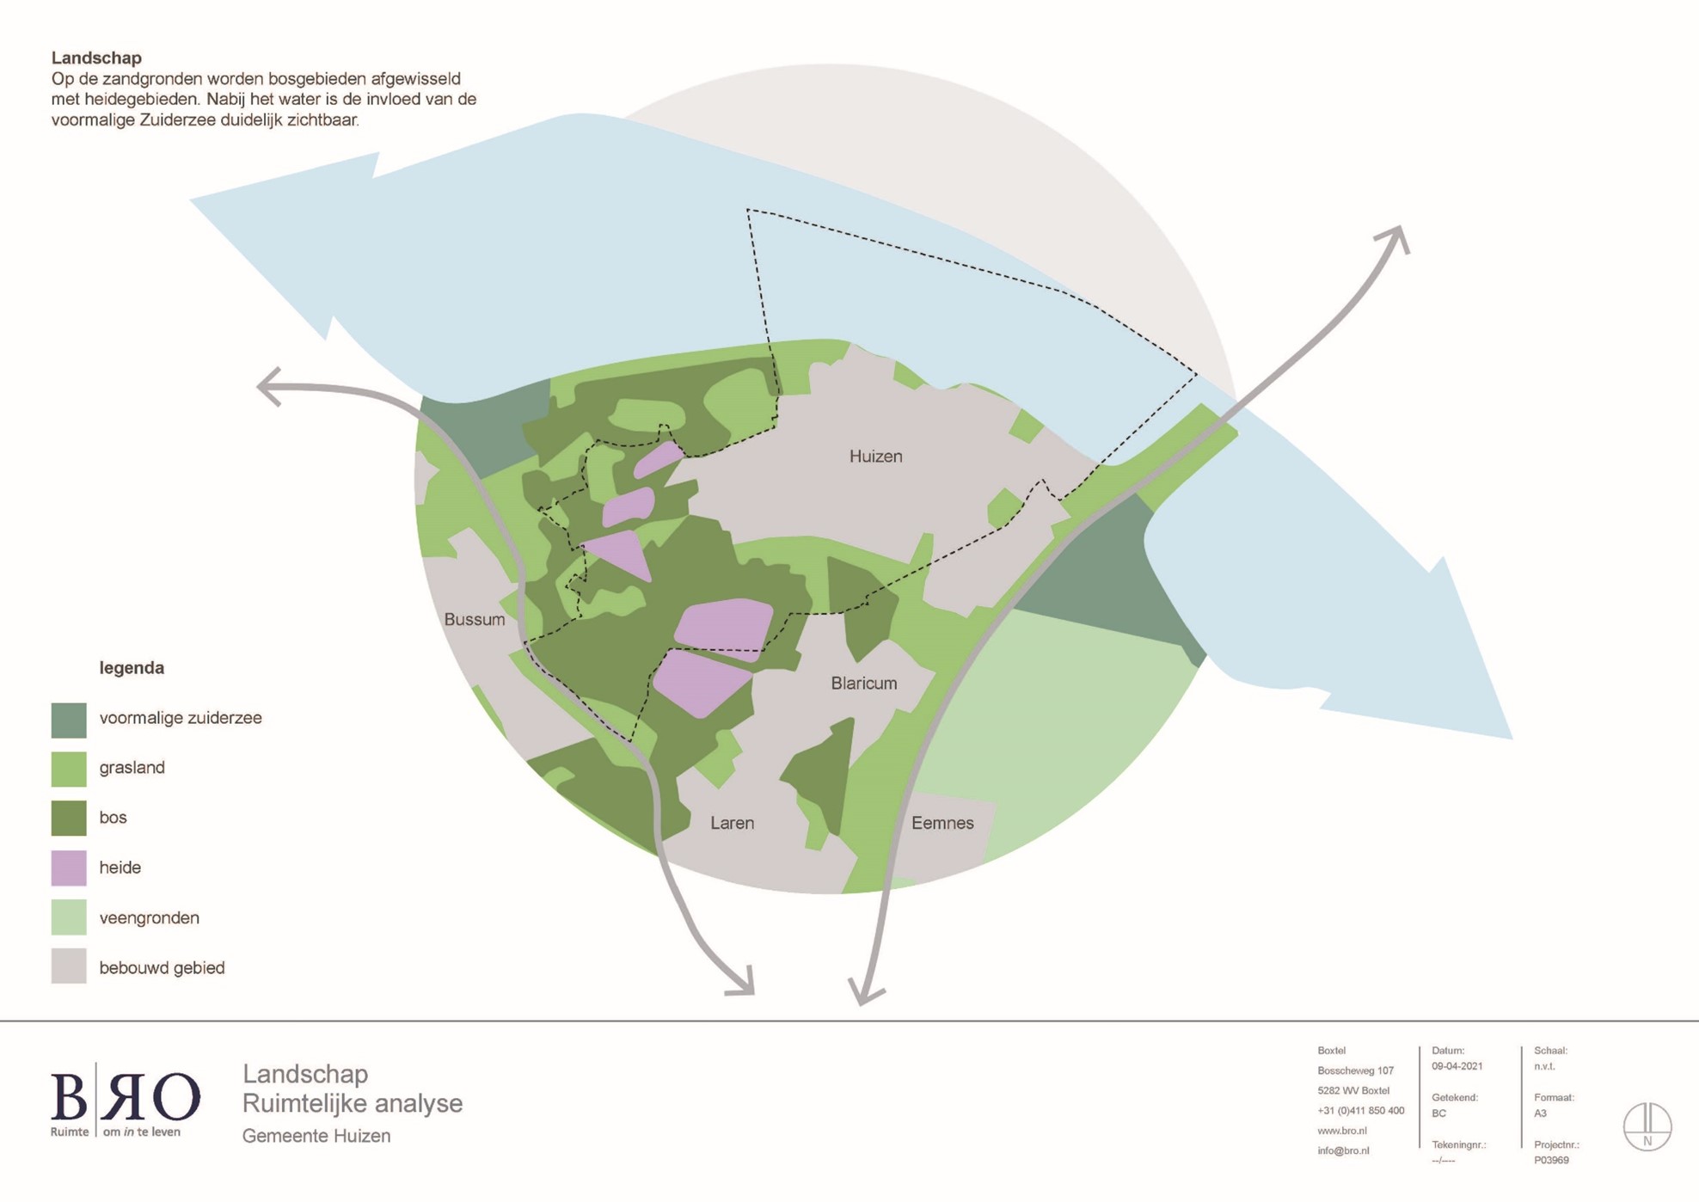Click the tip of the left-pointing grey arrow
click(258, 386)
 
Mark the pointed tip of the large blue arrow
click(1512, 739)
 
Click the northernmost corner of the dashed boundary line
click(747, 209)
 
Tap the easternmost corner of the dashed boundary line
click(1197, 375)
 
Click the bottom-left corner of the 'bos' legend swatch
click(52, 835)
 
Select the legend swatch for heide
click(69, 868)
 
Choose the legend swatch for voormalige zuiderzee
click(69, 720)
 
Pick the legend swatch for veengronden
click(69, 917)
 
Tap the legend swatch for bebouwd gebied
click(69, 966)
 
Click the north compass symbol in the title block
click(1647, 1126)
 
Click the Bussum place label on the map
click(475, 620)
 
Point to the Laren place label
click(733, 823)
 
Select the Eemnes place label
click(942, 823)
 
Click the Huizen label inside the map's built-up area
click(876, 457)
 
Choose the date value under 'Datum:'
click(1457, 1066)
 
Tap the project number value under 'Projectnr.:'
click(1551, 1160)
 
